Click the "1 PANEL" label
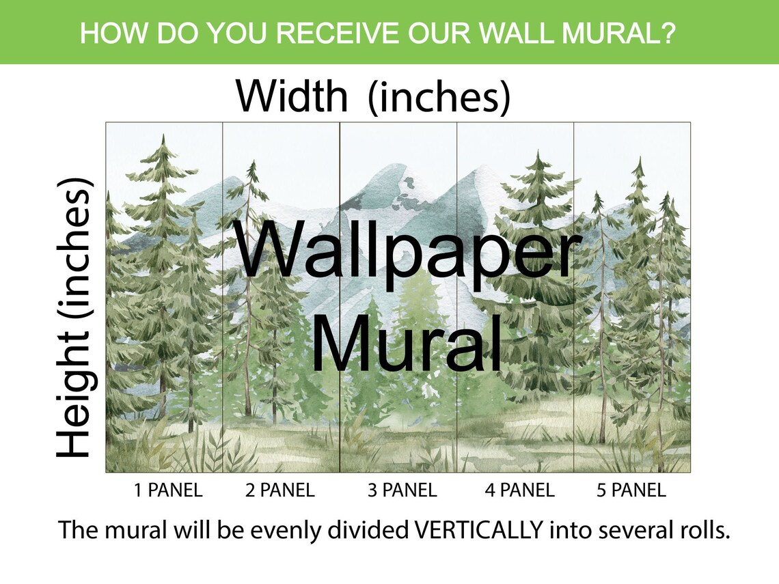tap(167, 490)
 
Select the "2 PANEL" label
tap(279, 490)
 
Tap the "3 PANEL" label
tap(402, 490)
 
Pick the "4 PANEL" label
tap(519, 490)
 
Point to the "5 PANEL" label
tap(631, 490)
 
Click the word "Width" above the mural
tap(292, 96)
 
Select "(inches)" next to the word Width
tap(439, 98)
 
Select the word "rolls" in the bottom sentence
tap(705, 531)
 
